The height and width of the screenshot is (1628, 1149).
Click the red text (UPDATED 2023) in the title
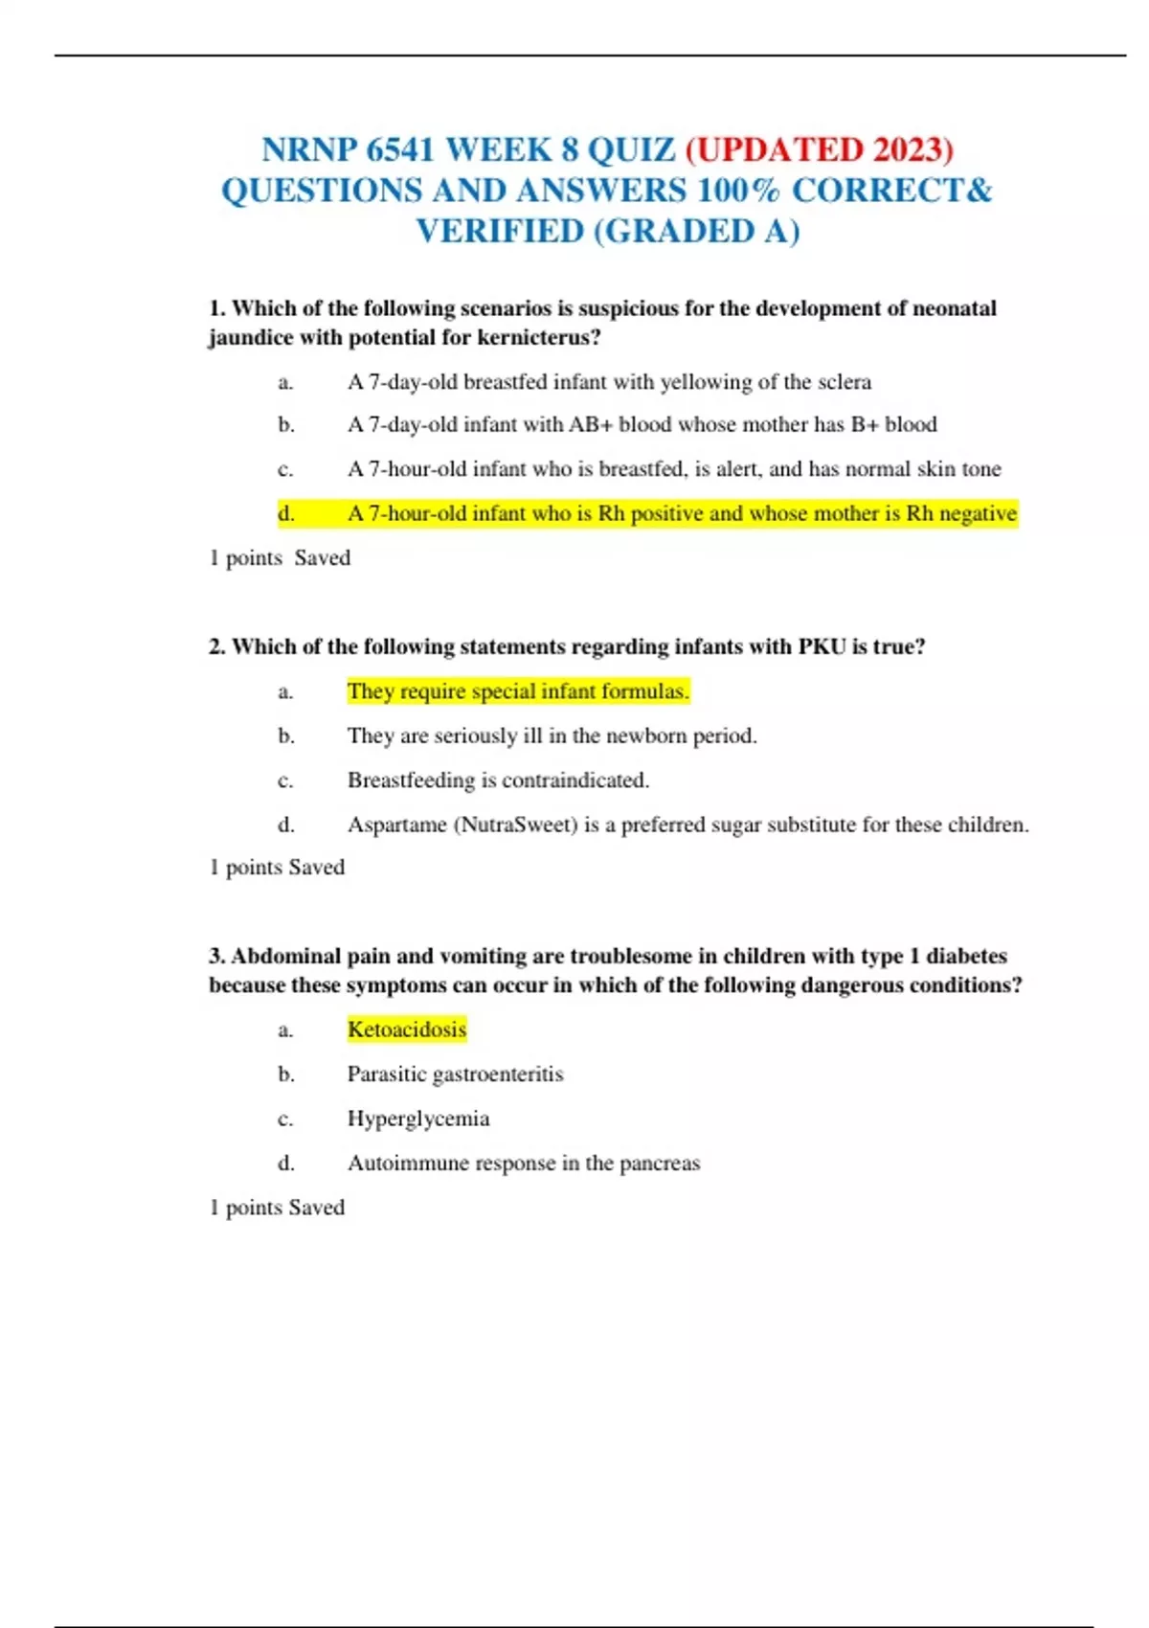pos(820,150)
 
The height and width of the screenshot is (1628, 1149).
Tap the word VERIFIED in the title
pos(499,232)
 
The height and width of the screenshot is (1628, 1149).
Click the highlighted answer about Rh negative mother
pos(681,514)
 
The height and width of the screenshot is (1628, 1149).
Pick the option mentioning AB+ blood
pos(642,425)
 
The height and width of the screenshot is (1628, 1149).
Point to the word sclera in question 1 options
pos(845,382)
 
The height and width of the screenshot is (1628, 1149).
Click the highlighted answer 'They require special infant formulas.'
pos(518,691)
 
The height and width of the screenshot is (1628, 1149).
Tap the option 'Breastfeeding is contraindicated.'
pos(498,780)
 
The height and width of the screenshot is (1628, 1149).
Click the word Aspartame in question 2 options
pos(396,825)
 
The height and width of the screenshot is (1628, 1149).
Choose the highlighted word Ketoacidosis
pos(407,1030)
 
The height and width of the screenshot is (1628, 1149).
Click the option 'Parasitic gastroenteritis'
pos(455,1074)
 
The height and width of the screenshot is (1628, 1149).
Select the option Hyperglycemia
pos(418,1119)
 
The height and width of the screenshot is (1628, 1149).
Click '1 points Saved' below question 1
pos(280,558)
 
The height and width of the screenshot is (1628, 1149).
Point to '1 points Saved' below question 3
pos(277,1208)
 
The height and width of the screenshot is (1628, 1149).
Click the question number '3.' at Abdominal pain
pos(217,957)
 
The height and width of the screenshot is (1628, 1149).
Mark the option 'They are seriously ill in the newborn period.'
pos(552,736)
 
